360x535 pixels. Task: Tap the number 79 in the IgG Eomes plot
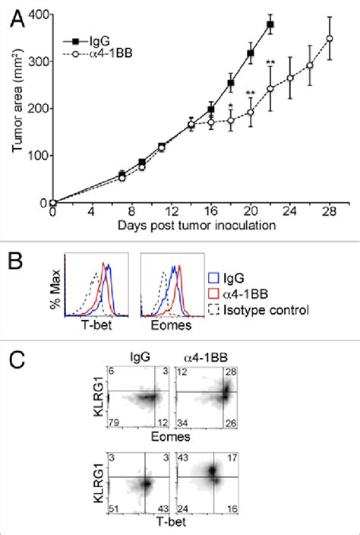click(114, 422)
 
